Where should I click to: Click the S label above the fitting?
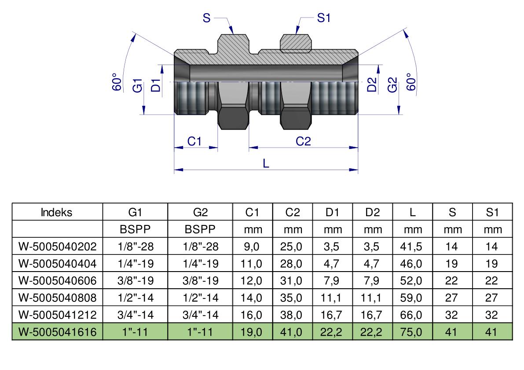(206, 18)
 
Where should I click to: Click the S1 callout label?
(323, 18)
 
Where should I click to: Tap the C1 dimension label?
(194, 141)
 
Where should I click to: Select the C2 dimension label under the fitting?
(303, 141)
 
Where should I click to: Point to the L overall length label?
(266, 163)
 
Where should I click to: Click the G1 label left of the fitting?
(137, 85)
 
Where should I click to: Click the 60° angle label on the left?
(117, 81)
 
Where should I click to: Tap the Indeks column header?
(56, 212)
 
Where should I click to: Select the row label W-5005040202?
(58, 247)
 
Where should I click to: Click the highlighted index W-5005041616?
(58, 332)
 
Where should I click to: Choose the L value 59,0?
(411, 297)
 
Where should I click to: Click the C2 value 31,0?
(291, 281)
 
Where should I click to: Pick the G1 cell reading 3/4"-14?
(136, 315)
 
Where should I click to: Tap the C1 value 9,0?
(252, 247)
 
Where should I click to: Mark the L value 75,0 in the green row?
(411, 332)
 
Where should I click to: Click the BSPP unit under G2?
(200, 229)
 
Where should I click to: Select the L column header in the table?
(412, 212)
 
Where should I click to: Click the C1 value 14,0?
(251, 297)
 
